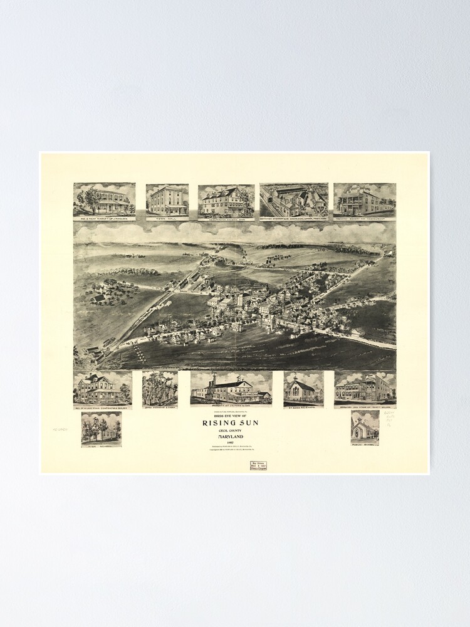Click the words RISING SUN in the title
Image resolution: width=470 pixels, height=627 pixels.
pyautogui.click(x=230, y=423)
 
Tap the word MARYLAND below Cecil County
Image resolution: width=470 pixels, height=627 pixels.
pyautogui.click(x=230, y=437)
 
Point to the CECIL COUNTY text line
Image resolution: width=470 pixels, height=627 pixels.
pyautogui.click(x=230, y=431)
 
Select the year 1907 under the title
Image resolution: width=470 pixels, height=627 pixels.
pyautogui.click(x=230, y=443)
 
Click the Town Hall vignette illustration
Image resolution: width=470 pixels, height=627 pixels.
pyautogui.click(x=167, y=199)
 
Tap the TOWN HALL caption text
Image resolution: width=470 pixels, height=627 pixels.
pyautogui.click(x=167, y=218)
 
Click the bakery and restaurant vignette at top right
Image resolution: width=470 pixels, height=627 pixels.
pyautogui.click(x=364, y=199)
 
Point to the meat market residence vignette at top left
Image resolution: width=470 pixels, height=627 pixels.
pyautogui.click(x=104, y=199)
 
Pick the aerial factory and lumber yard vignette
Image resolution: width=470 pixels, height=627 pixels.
pyautogui.click(x=294, y=199)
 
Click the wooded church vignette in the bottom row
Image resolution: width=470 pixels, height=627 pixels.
pyautogui.click(x=159, y=388)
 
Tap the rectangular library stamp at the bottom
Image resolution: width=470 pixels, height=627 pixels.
pyautogui.click(x=258, y=466)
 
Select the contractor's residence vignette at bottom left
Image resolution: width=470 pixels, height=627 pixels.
pyautogui.click(x=102, y=388)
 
